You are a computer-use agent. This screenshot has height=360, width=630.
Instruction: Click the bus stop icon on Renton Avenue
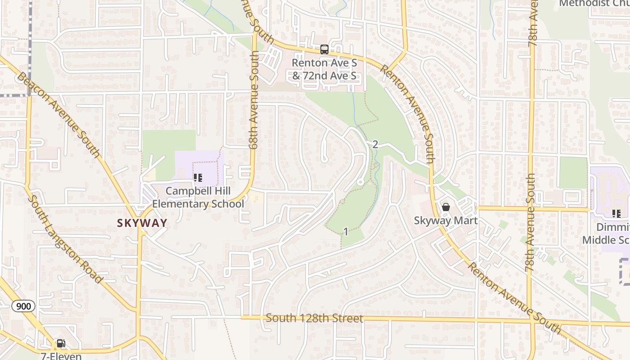(x=324, y=49)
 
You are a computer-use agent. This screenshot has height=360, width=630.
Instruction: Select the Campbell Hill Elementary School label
(x=198, y=198)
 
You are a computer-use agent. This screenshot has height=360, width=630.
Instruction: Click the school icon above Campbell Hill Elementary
(x=198, y=178)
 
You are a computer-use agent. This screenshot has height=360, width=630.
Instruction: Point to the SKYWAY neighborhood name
(x=142, y=223)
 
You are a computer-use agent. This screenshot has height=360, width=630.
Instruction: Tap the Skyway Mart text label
(x=445, y=220)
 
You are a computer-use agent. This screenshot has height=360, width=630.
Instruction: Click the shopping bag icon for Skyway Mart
(x=445, y=207)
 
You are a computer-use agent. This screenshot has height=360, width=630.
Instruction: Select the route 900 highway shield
(x=23, y=306)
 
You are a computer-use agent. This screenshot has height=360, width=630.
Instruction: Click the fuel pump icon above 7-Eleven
(x=61, y=344)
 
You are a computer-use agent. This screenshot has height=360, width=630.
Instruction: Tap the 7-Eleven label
(x=61, y=355)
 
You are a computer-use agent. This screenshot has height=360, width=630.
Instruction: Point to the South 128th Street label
(x=314, y=318)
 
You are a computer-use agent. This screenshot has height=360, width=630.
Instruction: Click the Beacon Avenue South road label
(x=58, y=114)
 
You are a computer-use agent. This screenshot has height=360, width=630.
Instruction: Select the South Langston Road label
(x=65, y=239)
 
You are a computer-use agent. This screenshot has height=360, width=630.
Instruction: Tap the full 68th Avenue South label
(x=255, y=100)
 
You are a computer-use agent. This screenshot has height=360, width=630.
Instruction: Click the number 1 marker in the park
(x=346, y=232)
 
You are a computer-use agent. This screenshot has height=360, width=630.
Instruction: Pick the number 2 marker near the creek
(x=375, y=144)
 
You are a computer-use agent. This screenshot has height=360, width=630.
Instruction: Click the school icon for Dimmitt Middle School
(x=616, y=214)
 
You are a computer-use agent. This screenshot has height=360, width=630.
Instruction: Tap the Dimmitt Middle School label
(x=607, y=233)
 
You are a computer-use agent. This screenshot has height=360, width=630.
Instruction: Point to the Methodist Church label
(x=594, y=4)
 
